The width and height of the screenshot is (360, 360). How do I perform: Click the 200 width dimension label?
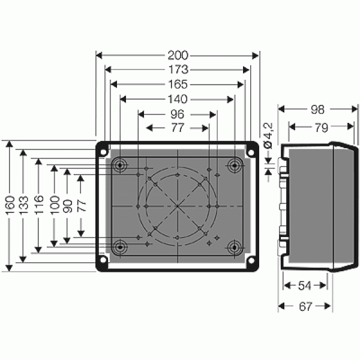178,55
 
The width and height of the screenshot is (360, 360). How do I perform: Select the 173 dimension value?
178,70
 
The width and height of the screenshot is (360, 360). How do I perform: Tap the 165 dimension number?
178,85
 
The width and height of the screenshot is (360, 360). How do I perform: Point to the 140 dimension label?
178,99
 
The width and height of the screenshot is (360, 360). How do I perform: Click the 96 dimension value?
178,115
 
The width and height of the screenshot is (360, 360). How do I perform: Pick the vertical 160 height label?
11,205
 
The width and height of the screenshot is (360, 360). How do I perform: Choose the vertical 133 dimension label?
23,205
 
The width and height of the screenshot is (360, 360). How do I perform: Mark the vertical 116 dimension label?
39,205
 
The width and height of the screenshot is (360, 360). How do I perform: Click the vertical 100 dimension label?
55,205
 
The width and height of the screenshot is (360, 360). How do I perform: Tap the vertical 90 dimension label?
68,206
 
